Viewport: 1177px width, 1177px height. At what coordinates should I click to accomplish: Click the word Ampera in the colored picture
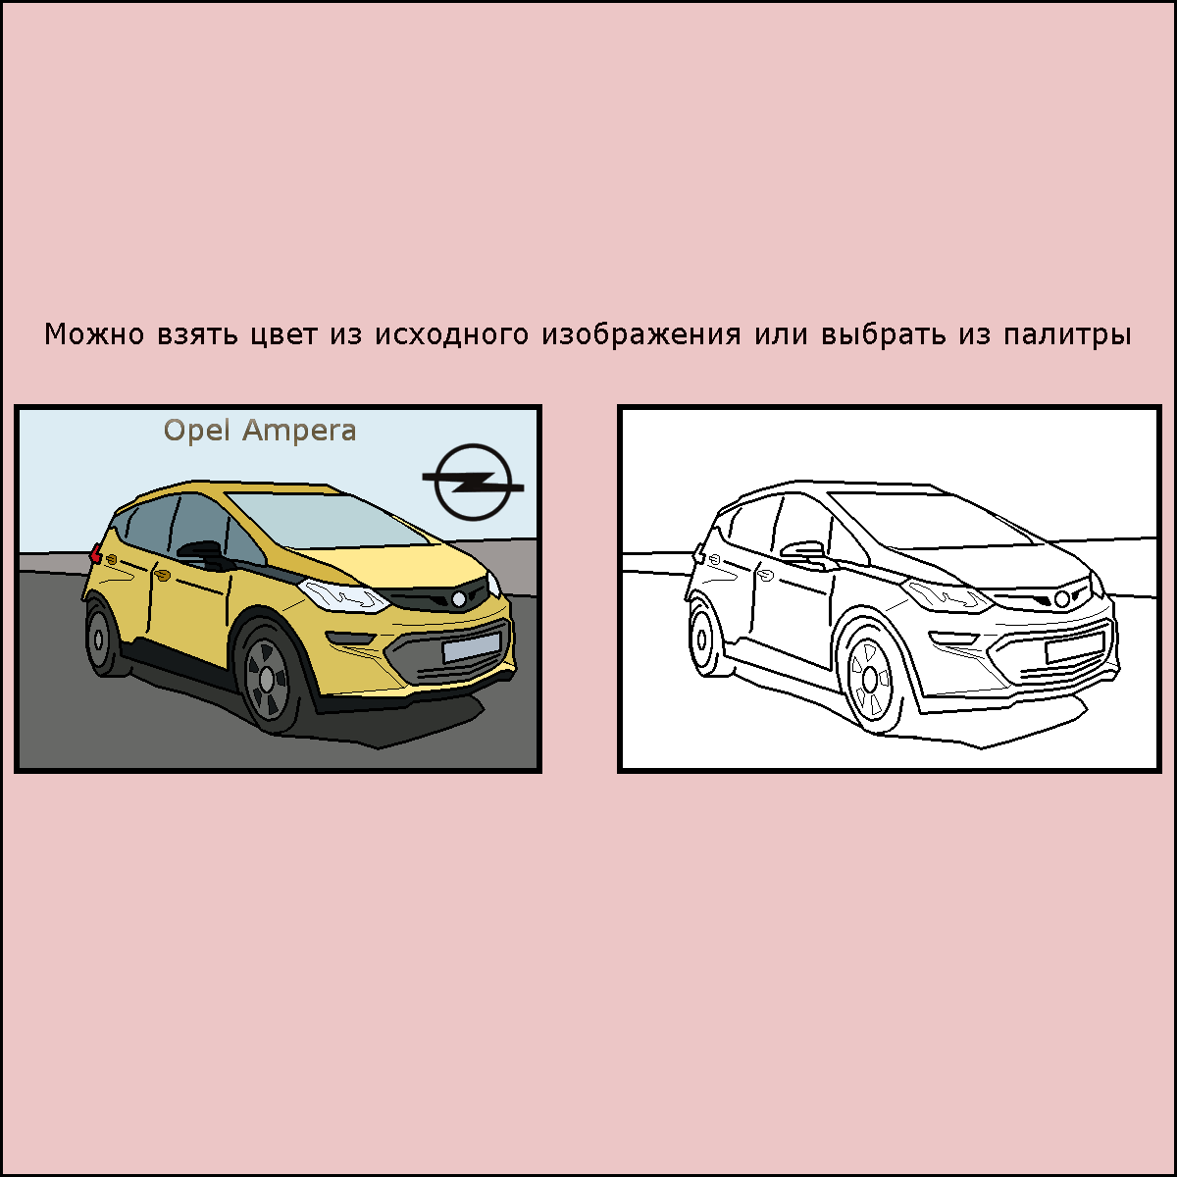(299, 432)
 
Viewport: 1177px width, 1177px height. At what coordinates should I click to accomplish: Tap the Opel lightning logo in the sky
(473, 482)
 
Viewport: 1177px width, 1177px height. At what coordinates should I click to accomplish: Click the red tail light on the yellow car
(95, 553)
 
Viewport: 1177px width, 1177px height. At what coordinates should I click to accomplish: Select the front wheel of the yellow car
(267, 676)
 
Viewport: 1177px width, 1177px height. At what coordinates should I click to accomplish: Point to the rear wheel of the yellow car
(100, 639)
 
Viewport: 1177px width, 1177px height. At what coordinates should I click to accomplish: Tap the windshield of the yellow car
(328, 519)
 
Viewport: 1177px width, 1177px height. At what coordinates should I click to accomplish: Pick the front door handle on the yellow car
(163, 574)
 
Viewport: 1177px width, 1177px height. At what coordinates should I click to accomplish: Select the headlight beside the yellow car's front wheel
(343, 595)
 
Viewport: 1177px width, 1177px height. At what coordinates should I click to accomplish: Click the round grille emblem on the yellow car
(459, 599)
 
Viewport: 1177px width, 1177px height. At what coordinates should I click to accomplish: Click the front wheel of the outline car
(870, 678)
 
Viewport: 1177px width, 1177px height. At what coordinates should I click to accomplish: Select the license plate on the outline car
(1074, 647)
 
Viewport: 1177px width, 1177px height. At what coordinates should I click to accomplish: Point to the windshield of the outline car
(931, 519)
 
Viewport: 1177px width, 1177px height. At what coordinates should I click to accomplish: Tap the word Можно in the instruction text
(94, 334)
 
